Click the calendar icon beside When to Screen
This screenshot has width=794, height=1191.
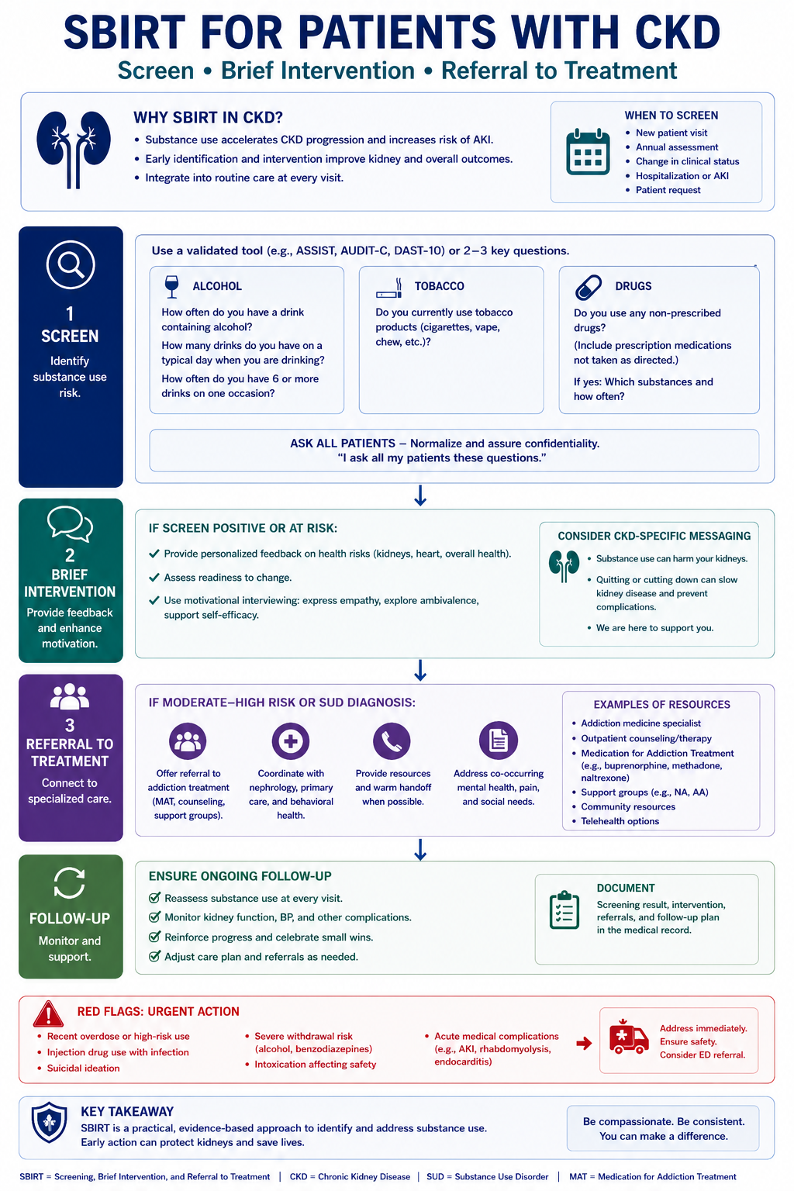point(588,151)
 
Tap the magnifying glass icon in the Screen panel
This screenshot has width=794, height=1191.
point(71,264)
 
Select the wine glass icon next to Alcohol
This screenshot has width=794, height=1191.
point(171,287)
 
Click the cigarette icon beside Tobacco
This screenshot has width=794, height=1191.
point(389,288)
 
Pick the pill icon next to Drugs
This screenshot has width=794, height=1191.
point(589,288)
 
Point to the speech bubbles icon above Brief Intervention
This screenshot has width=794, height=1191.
point(71,523)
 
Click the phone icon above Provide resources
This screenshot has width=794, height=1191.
point(392,740)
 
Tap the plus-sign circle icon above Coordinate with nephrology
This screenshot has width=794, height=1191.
point(290,740)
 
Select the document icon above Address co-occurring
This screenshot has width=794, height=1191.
point(499,740)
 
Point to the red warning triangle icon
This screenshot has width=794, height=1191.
point(48,1014)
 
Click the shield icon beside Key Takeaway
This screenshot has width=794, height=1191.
point(50,1122)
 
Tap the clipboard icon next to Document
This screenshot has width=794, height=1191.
point(564,910)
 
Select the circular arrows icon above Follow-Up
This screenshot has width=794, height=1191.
point(70,882)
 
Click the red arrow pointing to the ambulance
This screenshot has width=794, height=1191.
point(584,1043)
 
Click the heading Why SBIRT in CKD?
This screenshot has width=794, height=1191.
point(208,117)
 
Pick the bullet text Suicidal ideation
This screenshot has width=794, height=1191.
point(83,1068)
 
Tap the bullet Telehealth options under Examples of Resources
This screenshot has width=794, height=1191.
point(620,821)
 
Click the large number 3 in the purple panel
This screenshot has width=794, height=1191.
point(70,725)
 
